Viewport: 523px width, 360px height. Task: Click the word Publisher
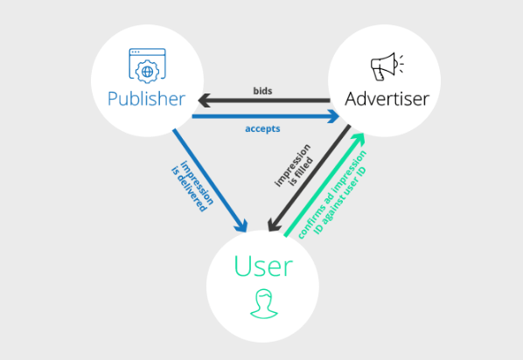pyautogui.click(x=146, y=100)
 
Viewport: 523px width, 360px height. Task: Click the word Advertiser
pyautogui.click(x=387, y=99)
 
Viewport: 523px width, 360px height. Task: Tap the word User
pyautogui.click(x=263, y=266)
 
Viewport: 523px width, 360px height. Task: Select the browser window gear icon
pyautogui.click(x=148, y=66)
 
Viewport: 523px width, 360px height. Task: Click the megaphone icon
pyautogui.click(x=387, y=66)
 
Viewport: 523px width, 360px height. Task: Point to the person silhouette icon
pyautogui.click(x=264, y=304)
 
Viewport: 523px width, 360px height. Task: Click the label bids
pyautogui.click(x=262, y=91)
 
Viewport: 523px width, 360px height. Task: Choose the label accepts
pyautogui.click(x=262, y=129)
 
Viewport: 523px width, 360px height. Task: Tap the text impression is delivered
pyautogui.click(x=192, y=186)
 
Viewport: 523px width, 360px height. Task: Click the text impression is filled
pyautogui.click(x=294, y=166)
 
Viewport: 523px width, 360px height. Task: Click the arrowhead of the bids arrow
pyautogui.click(x=204, y=100)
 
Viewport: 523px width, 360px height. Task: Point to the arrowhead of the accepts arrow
pyautogui.click(x=333, y=116)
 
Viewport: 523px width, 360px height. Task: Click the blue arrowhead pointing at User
pyautogui.click(x=241, y=225)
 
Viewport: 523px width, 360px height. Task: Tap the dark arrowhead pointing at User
pyautogui.click(x=274, y=225)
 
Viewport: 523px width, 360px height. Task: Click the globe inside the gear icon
pyautogui.click(x=148, y=72)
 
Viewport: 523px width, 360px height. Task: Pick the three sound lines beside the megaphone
pyautogui.click(x=401, y=64)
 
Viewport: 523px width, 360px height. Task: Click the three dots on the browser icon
pyautogui.click(x=136, y=52)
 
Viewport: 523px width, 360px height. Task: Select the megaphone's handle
pyautogui.click(x=379, y=74)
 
